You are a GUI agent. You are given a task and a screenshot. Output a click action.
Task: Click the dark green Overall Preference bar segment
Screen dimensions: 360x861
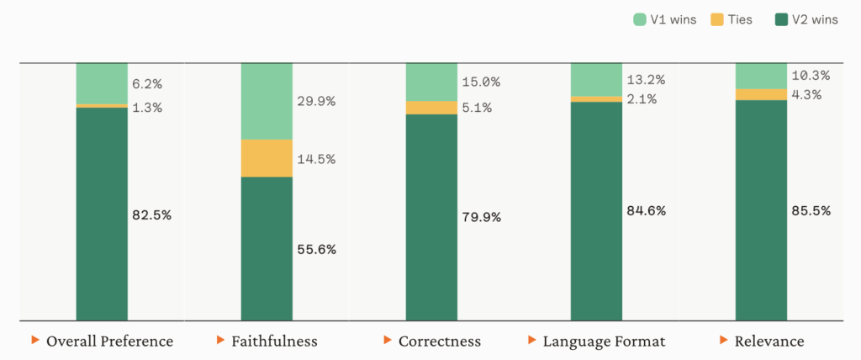pyautogui.click(x=102, y=214)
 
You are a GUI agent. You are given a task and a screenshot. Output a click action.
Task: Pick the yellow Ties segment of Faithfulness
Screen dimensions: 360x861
pyautogui.click(x=267, y=158)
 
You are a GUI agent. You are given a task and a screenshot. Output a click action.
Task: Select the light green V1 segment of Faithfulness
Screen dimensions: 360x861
pyautogui.click(x=267, y=101)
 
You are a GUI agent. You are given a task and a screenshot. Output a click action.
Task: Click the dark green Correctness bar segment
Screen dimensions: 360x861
pyautogui.click(x=431, y=217)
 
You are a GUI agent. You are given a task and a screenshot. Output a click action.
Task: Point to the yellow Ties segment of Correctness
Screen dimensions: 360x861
pyautogui.click(x=431, y=108)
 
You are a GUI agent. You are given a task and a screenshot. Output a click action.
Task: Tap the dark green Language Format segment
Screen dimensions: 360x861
pyautogui.click(x=596, y=210)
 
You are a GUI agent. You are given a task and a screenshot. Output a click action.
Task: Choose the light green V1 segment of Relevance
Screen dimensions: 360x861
pyautogui.click(x=761, y=76)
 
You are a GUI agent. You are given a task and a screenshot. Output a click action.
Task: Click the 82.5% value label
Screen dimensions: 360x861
pyautogui.click(x=151, y=214)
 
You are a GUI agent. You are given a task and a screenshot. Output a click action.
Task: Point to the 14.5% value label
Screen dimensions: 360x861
pyautogui.click(x=316, y=158)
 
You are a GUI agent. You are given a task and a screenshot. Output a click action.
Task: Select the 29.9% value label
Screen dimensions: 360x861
pyautogui.click(x=316, y=101)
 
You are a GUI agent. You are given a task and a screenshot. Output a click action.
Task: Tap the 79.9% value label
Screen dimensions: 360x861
pyautogui.click(x=481, y=217)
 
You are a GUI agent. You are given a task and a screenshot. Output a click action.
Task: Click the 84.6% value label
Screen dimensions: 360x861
pyautogui.click(x=646, y=210)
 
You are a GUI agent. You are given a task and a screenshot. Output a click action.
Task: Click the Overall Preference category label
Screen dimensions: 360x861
pyautogui.click(x=109, y=341)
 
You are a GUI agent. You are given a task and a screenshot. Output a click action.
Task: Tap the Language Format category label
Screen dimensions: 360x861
pyautogui.click(x=604, y=341)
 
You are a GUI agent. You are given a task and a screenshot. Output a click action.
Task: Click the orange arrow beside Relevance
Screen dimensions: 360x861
pyautogui.click(x=723, y=340)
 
